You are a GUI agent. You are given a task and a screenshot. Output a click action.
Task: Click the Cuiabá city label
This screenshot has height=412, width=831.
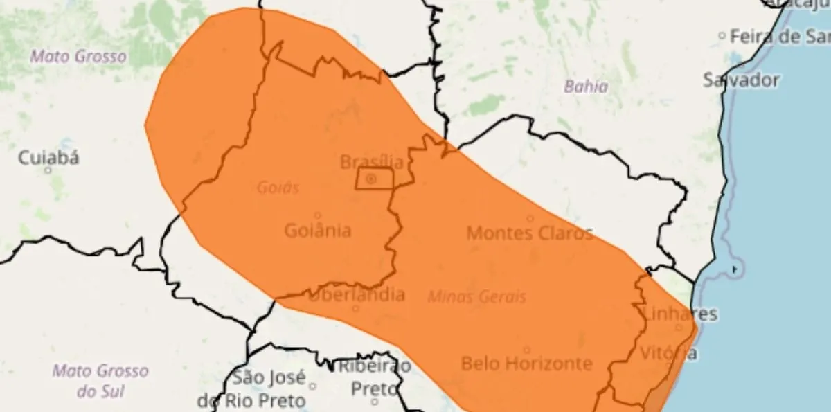(x=48, y=158)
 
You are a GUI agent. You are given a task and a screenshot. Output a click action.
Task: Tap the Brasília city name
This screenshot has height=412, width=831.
(x=371, y=162)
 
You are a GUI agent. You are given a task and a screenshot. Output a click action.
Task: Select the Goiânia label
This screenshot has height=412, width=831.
(x=317, y=231)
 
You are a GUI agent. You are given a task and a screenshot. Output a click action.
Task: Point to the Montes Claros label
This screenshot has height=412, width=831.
(x=530, y=233)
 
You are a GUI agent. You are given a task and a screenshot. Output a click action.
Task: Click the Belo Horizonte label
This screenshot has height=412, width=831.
(x=526, y=363)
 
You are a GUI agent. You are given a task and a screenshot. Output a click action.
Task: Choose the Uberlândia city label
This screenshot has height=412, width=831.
(x=357, y=295)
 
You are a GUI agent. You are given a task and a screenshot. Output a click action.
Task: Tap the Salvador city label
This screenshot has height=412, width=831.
(x=741, y=80)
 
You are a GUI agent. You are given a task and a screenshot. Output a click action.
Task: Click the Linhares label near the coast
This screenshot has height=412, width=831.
(x=680, y=314)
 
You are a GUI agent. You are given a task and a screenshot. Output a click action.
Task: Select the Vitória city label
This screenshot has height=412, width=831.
(x=668, y=352)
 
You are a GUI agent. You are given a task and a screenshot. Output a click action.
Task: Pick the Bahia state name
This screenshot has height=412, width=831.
(x=586, y=87)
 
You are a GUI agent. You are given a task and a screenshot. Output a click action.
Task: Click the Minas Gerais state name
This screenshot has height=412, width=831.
(x=476, y=297)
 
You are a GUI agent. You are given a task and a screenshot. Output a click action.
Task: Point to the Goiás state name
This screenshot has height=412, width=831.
(x=277, y=188)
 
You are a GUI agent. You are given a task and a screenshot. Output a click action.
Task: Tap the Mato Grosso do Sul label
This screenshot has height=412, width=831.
(x=100, y=381)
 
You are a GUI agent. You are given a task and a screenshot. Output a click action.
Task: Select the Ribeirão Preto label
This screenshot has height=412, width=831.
(x=374, y=377)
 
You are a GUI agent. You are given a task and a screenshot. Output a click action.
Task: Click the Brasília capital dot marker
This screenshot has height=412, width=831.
(x=371, y=179)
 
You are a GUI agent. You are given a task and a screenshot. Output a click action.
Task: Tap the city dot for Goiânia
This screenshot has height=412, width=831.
(x=318, y=215)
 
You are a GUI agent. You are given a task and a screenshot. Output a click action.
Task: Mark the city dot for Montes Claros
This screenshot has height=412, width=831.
(x=530, y=218)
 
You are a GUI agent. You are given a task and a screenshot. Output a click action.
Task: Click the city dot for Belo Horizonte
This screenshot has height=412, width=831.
(x=526, y=350)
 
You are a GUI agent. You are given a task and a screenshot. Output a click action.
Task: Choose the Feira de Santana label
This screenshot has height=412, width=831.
(x=776, y=36)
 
